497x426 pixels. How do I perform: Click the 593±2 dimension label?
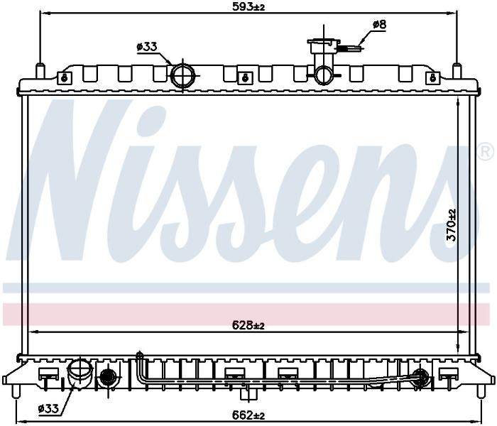pos(248,6)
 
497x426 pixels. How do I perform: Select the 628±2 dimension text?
pos(248,325)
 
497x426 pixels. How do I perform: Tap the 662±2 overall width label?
pos(248,414)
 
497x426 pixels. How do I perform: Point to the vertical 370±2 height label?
pos(451,225)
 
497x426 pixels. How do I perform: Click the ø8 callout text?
pos(379,24)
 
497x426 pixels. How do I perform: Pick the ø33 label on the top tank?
pos(147,47)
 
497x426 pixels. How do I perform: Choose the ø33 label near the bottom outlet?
pos(48,409)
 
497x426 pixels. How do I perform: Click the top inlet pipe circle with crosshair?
pos(182,75)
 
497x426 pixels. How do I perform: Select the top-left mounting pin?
pos(40,71)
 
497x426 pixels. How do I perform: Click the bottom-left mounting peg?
pos(16,391)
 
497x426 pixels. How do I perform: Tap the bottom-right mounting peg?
pos(482,391)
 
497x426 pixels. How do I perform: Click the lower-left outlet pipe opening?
pos(80,370)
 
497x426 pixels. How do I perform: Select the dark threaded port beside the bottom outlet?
pos(109,377)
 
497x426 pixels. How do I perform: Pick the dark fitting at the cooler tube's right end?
pos(421,377)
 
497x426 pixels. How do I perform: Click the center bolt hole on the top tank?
pos(245,77)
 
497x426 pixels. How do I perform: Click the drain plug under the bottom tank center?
pos(248,394)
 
